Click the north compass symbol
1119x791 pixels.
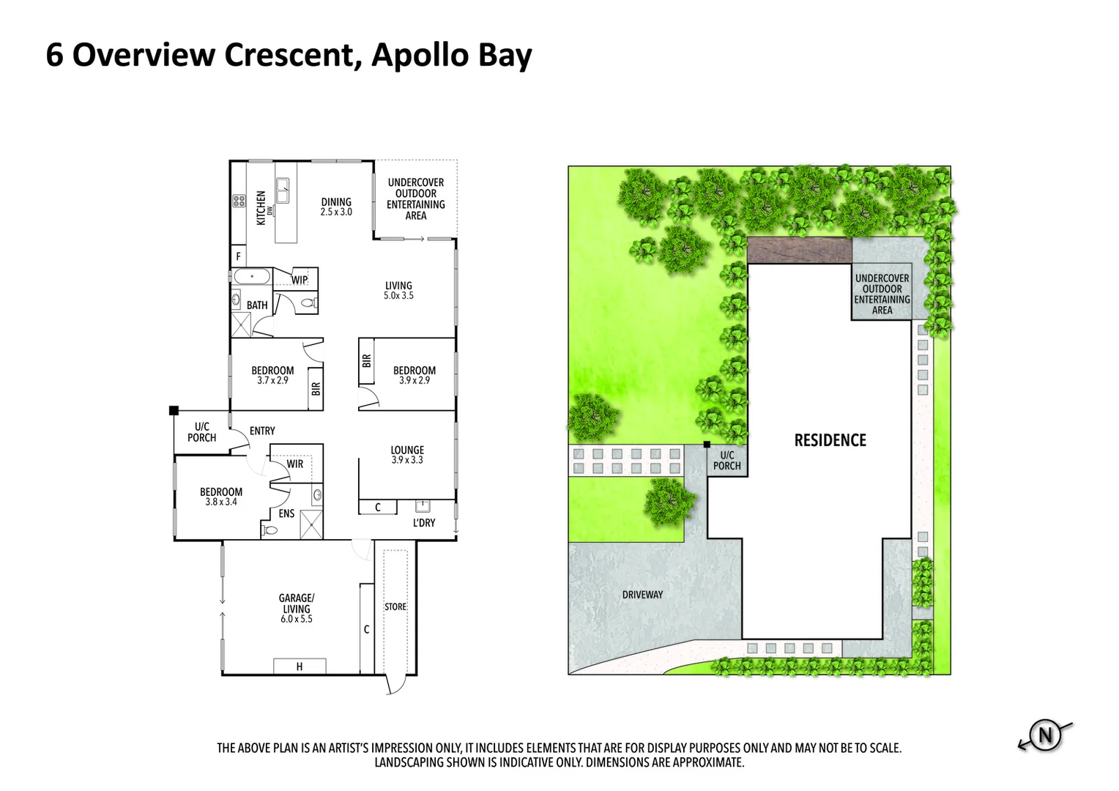tap(1045, 735)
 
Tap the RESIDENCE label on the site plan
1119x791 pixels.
tap(830, 440)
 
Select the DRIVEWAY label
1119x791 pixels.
tap(642, 595)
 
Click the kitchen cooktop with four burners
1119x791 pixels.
tap(239, 201)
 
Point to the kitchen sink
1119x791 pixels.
tap(282, 190)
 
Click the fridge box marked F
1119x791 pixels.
tap(238, 256)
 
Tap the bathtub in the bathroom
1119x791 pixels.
tap(252, 276)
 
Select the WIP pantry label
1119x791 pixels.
tap(300, 280)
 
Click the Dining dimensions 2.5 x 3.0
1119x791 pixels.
tap(336, 212)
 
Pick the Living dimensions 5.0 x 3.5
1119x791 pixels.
tap(398, 295)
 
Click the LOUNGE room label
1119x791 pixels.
tap(407, 450)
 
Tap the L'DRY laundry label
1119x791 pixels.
tap(423, 523)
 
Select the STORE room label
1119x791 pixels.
tap(395, 606)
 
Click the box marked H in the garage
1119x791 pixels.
tap(300, 666)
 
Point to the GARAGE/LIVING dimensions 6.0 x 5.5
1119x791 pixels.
tap(297, 619)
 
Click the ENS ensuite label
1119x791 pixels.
tap(286, 513)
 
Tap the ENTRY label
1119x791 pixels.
tap(262, 431)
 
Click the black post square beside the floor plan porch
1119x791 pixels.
tap(174, 410)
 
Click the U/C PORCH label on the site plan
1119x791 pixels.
tap(727, 460)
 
